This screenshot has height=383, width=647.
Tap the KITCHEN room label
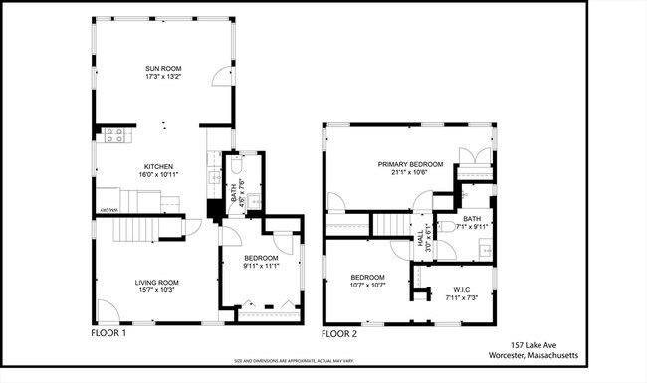pos(159,166)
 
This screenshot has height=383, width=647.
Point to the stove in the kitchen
pos(114,136)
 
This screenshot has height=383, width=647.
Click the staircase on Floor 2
pos(390,225)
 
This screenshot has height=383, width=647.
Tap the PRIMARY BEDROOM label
pos(409,163)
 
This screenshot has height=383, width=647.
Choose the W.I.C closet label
pos(454,289)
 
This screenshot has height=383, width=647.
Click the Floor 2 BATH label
pos(471,218)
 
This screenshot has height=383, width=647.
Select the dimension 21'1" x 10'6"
pos(409,172)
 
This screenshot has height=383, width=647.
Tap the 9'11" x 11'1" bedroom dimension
pos(261,266)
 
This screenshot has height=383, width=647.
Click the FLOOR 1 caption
pos(108,335)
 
